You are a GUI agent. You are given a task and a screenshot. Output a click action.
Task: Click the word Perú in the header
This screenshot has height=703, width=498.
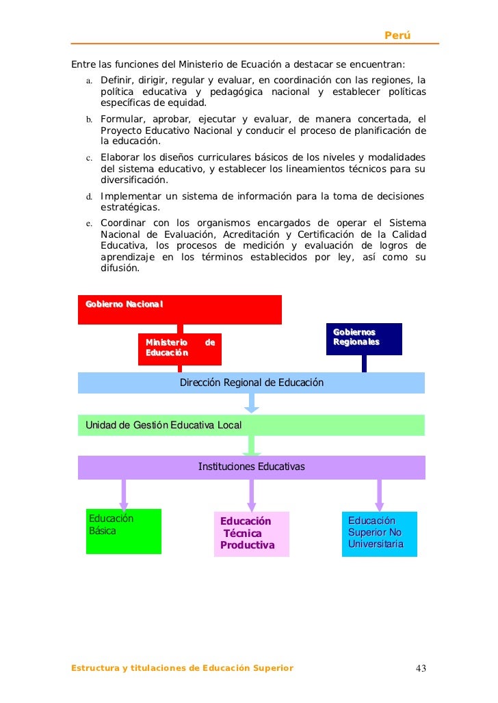tap(397, 35)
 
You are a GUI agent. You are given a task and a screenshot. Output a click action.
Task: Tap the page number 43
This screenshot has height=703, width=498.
tap(420, 668)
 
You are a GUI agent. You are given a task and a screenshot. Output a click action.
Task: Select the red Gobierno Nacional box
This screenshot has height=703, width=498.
tap(179, 309)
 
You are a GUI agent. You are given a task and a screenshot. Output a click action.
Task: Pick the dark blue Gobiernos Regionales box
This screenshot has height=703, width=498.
tap(363, 338)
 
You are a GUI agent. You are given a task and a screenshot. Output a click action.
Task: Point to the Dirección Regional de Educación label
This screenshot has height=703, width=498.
tap(251, 383)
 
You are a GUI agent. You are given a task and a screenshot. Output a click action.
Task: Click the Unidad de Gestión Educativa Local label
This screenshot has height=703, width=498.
tap(163, 426)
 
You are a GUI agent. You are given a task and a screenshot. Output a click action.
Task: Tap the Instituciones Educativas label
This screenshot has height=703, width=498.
tap(251, 467)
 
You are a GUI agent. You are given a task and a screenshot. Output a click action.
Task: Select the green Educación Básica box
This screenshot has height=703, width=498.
tap(124, 531)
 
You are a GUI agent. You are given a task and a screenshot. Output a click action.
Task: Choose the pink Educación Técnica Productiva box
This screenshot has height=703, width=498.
tap(251, 534)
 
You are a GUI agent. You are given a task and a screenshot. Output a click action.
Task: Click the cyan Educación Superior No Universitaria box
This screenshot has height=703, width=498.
tap(379, 533)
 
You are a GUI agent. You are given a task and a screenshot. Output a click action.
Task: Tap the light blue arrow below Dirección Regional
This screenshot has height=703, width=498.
tap(251, 403)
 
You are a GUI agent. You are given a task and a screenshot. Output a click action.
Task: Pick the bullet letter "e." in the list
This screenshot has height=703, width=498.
tap(89, 223)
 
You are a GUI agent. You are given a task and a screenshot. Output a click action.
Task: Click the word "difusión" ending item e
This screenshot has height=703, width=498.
tap(120, 268)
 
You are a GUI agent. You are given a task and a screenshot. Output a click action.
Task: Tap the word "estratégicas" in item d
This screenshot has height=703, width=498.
tap(130, 208)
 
